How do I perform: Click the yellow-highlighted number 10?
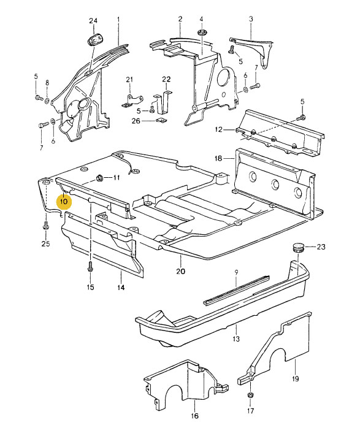pos(64,201)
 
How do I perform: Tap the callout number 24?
pos(93,21)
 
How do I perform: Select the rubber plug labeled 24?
pos(94,40)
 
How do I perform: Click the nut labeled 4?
pos(201,33)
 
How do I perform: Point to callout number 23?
pos(321,247)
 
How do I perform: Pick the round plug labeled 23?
pos(299,247)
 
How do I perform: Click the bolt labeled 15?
pos(90,267)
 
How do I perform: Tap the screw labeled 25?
pos(46,225)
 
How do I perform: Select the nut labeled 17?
pos(250,395)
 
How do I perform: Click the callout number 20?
pos(181,271)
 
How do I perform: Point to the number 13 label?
pos(236,338)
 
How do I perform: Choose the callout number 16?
pos(194,416)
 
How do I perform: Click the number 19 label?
pos(295,378)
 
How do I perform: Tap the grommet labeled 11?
pos(99,178)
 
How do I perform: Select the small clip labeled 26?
pos(161,120)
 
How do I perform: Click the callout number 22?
pos(166,79)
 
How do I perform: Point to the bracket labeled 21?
pos(132,101)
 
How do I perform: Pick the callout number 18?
pos(218,158)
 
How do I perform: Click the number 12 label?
pos(219,129)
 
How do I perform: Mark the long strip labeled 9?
pos(237,289)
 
